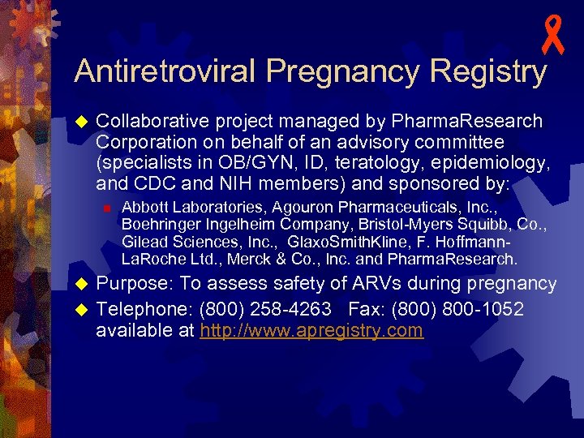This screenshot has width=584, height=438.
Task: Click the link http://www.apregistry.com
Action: pyautogui.click(x=311, y=330)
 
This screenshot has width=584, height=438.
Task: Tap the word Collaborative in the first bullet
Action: pyautogui.click(x=152, y=122)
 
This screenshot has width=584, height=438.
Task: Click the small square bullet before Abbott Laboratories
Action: pyautogui.click(x=106, y=207)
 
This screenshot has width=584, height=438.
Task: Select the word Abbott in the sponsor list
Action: pyautogui.click(x=142, y=207)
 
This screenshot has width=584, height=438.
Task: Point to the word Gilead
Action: pyautogui.click(x=144, y=242)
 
